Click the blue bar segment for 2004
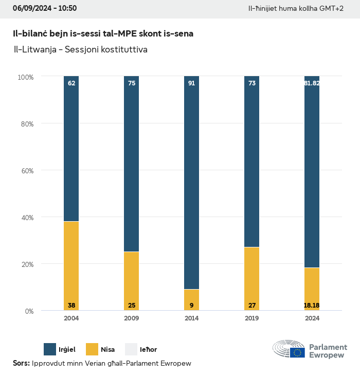click(71, 149)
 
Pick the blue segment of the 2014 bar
click(192, 183)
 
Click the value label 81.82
click(312, 83)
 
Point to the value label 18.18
click(312, 306)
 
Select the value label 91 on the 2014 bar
click(192, 83)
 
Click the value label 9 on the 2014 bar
click(192, 306)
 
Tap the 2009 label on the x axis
click(132, 318)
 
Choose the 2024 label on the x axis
click(312, 318)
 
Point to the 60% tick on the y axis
click(26, 170)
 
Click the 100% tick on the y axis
click(25, 77)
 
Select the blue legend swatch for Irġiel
click(50, 349)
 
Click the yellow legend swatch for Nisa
click(91, 349)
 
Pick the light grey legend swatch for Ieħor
click(131, 349)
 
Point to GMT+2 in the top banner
click(332, 9)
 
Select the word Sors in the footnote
click(21, 364)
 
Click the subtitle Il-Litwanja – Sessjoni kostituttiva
click(80, 50)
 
